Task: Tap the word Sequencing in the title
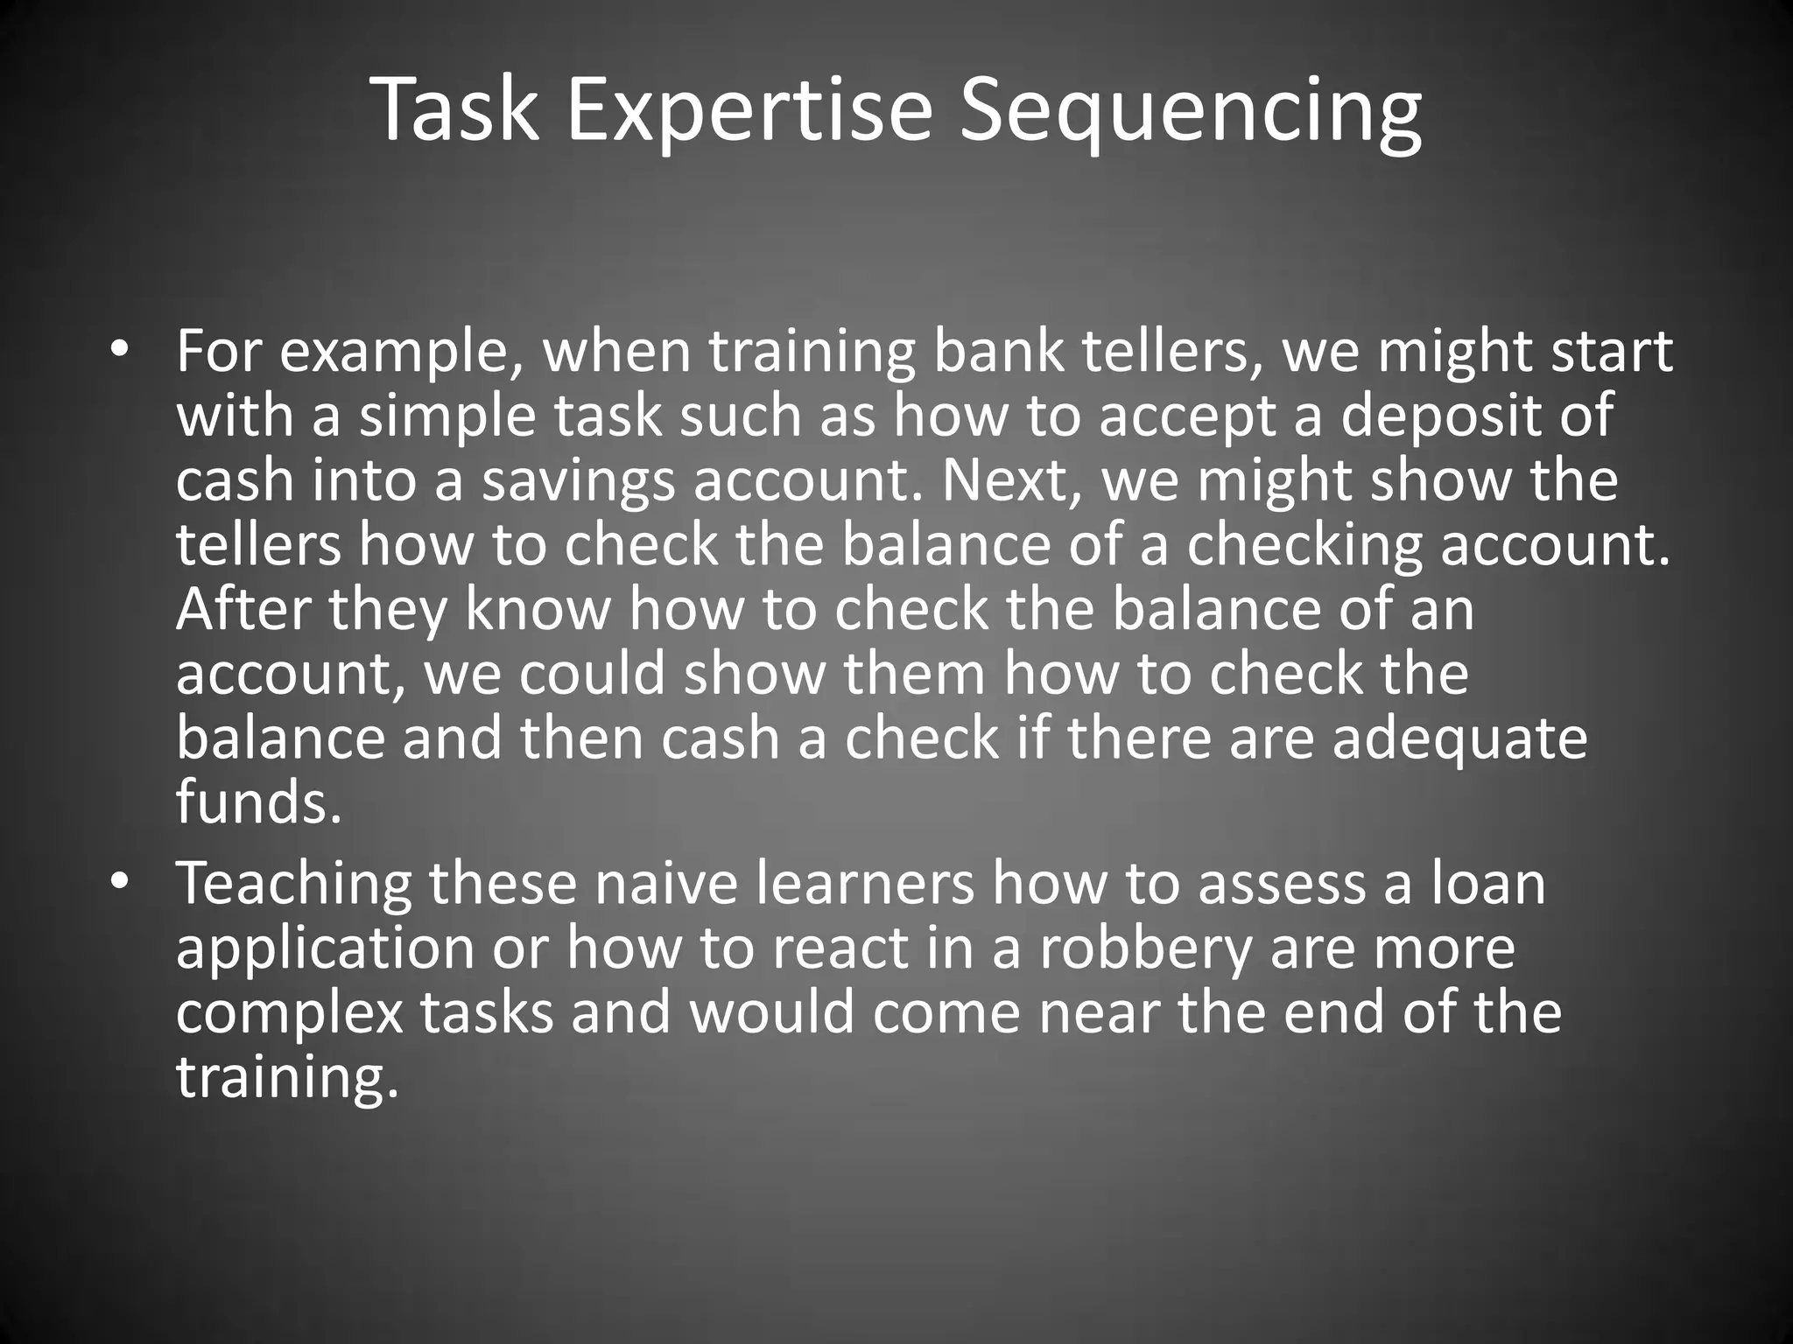coord(1191,110)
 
